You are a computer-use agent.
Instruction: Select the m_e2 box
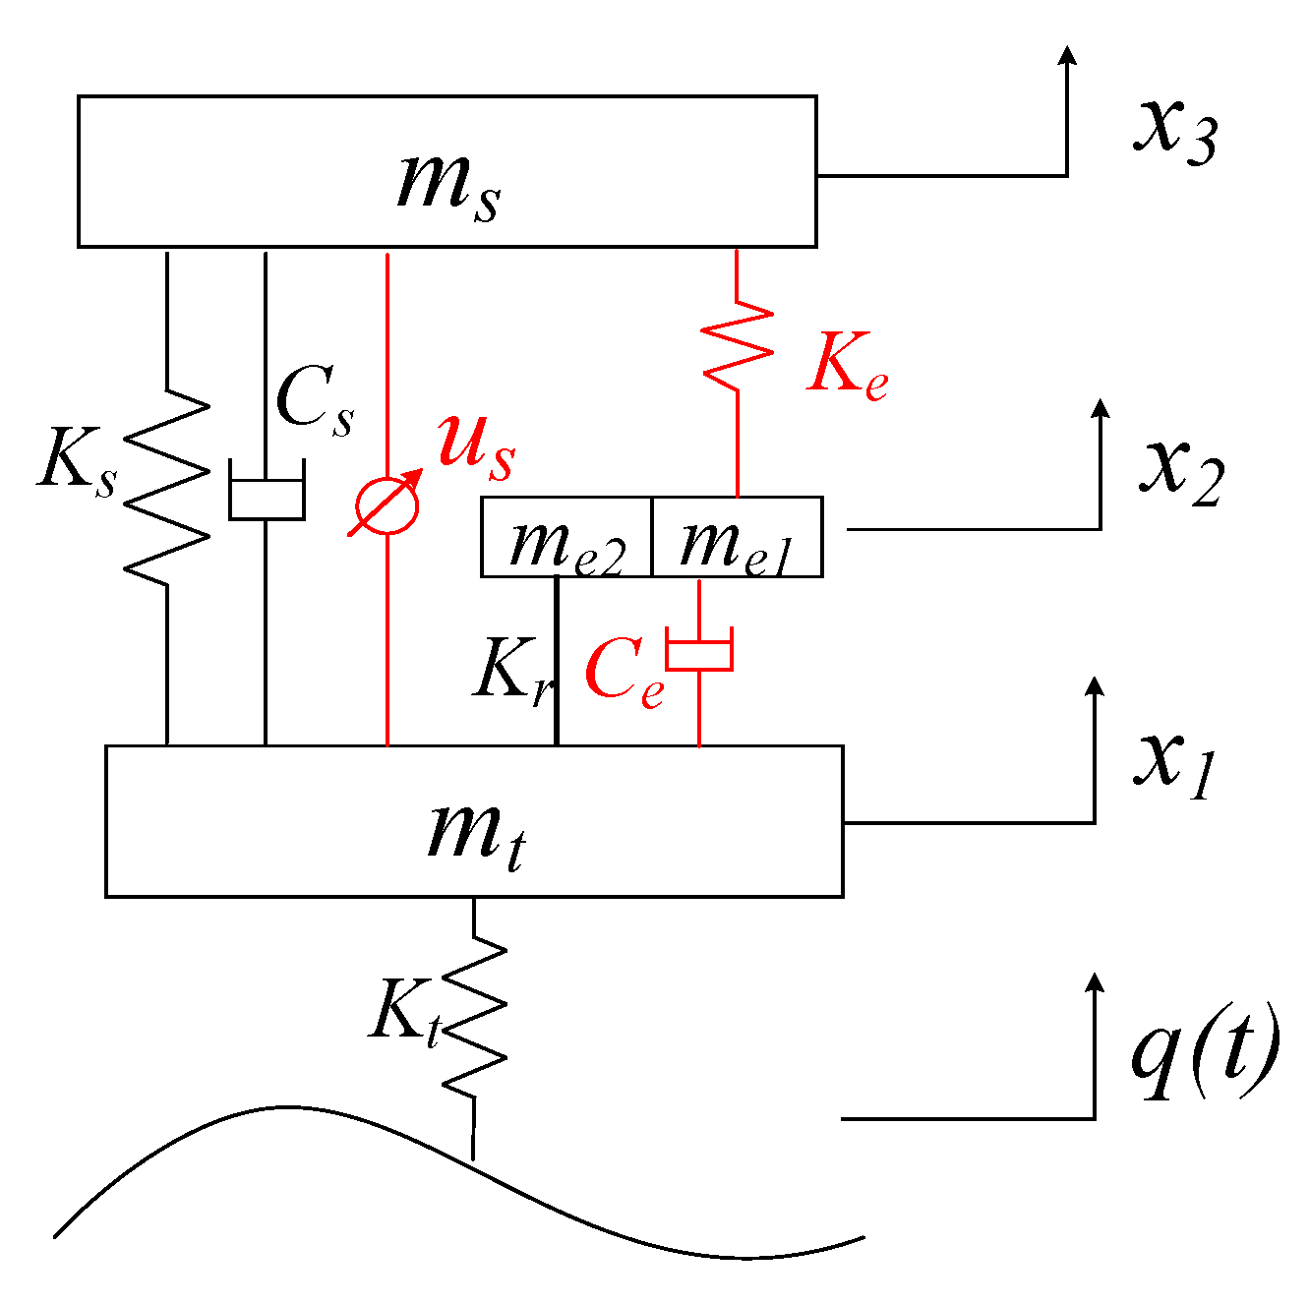coord(566,538)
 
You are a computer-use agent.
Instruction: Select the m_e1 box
coord(737,538)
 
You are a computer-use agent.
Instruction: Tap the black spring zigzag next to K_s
coord(167,482)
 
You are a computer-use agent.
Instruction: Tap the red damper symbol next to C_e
coord(699,653)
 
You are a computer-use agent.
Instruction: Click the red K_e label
coord(847,369)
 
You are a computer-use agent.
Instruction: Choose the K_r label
coord(512,672)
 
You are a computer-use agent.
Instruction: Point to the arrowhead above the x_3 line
coord(1067,54)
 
